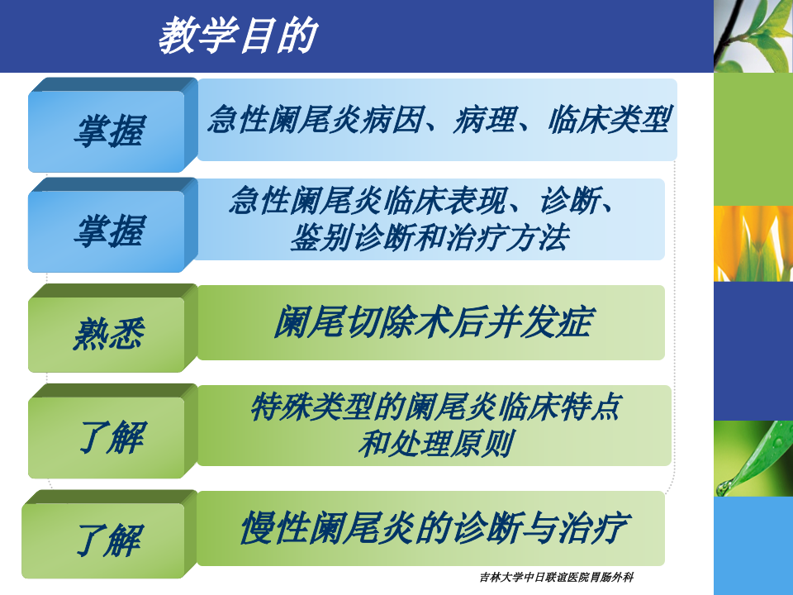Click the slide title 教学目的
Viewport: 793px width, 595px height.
pos(237,36)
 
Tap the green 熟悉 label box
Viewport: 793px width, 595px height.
pos(108,334)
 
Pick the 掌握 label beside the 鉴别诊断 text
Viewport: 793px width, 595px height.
pos(108,231)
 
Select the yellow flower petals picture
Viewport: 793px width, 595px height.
pos(753,243)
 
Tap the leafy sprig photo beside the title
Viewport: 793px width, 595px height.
pos(753,36)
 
